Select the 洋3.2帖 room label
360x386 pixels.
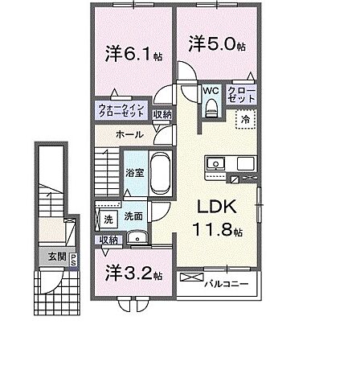pyautogui.click(x=132, y=273)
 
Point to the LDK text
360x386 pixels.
pyautogui.click(x=215, y=205)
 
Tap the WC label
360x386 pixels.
pyautogui.click(x=211, y=92)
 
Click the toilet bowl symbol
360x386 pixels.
pyautogui.click(x=211, y=110)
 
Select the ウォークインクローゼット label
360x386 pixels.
pyautogui.click(x=122, y=111)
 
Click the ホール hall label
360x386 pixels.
pyautogui.click(x=130, y=135)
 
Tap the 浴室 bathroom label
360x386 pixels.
pyautogui.click(x=135, y=171)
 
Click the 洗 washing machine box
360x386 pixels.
pyautogui.click(x=107, y=219)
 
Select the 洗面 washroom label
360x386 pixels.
pyautogui.click(x=133, y=217)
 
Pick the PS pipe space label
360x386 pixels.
pyautogui.click(x=72, y=259)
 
